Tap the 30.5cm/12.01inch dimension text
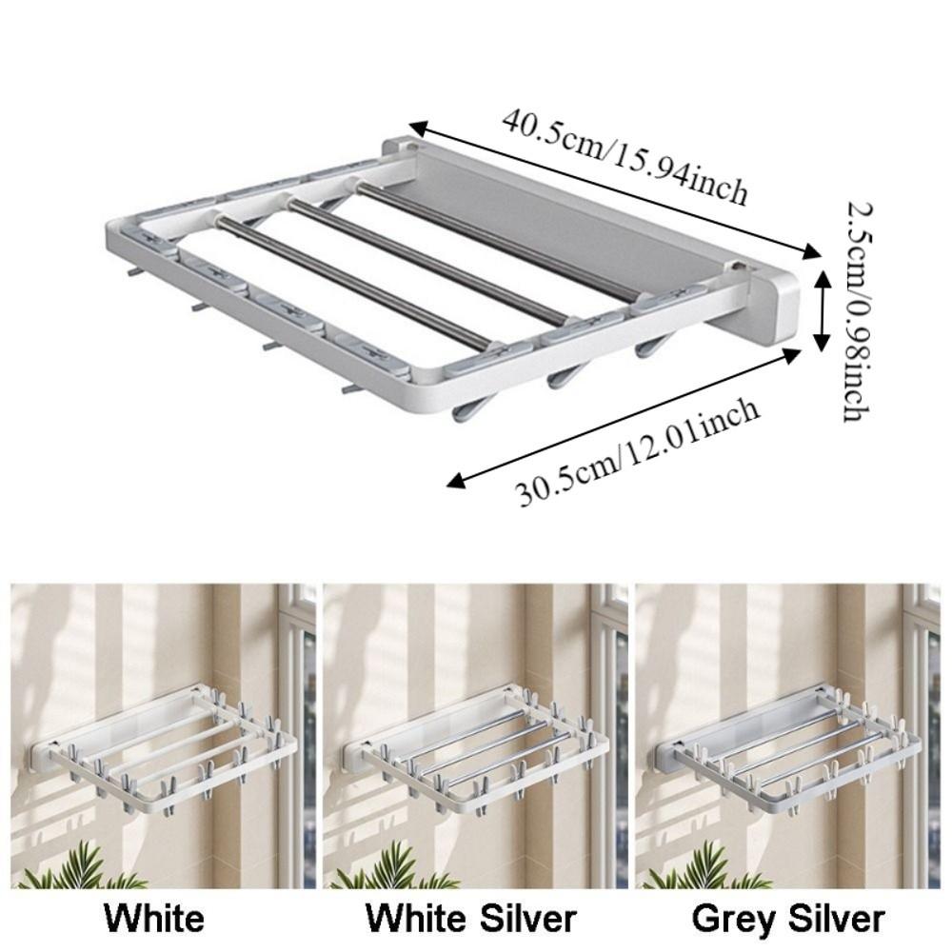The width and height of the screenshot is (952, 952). point(638,451)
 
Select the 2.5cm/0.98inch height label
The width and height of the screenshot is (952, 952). point(850,309)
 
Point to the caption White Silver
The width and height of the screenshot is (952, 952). point(472,919)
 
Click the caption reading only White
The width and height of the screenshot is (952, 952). point(154,919)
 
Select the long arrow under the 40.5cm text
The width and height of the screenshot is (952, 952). point(614,189)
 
